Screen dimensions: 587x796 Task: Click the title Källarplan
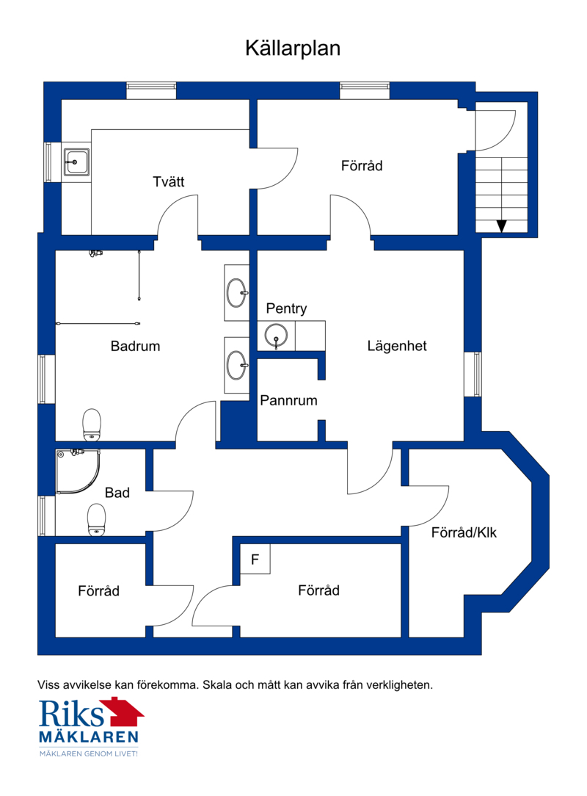pos(293,48)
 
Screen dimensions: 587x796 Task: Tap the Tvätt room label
pos(169,181)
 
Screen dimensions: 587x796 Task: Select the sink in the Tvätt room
pos(76,162)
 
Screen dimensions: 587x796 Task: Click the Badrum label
pos(136,346)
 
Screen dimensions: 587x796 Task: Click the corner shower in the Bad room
pos(78,471)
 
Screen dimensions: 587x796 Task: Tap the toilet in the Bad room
pos(96,520)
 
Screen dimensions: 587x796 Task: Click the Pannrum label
pos(288,400)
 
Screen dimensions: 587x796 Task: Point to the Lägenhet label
pos(397,346)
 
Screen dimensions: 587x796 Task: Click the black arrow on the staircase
pos(502,226)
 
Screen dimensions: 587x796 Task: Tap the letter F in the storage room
pos(255,560)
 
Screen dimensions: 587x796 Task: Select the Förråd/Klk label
pos(464,532)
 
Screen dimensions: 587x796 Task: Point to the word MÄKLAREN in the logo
pos(89,737)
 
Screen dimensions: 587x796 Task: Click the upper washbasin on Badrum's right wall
pos(236,293)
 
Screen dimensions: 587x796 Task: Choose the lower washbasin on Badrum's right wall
pos(236,365)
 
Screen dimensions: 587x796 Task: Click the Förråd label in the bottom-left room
pos(98,591)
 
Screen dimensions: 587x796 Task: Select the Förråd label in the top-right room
pos(362,166)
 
